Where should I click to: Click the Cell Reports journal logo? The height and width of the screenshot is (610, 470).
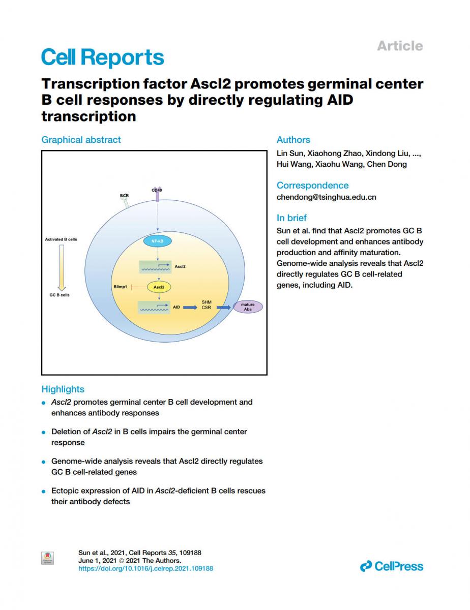tap(102, 57)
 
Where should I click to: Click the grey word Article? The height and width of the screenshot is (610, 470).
tap(399, 46)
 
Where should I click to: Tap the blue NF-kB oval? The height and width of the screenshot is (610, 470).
tap(157, 241)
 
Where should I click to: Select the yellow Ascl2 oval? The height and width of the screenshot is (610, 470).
tap(159, 287)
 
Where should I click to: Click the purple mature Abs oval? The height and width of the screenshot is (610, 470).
tap(248, 307)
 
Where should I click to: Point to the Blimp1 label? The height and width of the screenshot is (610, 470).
tap(120, 287)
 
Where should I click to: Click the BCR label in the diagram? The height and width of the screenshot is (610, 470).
tap(125, 195)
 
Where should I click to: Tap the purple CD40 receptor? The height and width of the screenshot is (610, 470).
tap(157, 194)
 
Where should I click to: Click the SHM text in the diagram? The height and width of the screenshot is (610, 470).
tap(207, 302)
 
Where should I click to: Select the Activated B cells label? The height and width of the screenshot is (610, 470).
tap(61, 239)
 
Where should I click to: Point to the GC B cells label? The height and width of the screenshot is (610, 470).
tap(60, 295)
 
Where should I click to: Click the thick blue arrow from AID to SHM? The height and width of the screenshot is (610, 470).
tap(190, 308)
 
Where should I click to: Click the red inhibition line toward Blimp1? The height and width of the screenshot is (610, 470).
tap(139, 287)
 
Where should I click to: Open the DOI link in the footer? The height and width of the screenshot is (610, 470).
tap(145, 568)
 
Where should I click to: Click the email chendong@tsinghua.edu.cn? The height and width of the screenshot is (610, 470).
tap(326, 197)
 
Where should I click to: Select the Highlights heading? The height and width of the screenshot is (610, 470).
tap(63, 389)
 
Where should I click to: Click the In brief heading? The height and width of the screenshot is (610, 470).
tap(291, 218)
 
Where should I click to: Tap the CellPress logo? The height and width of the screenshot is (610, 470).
tap(391, 566)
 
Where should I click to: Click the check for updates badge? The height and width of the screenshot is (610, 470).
tap(47, 558)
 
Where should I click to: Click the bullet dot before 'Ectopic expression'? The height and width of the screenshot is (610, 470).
tap(44, 492)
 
